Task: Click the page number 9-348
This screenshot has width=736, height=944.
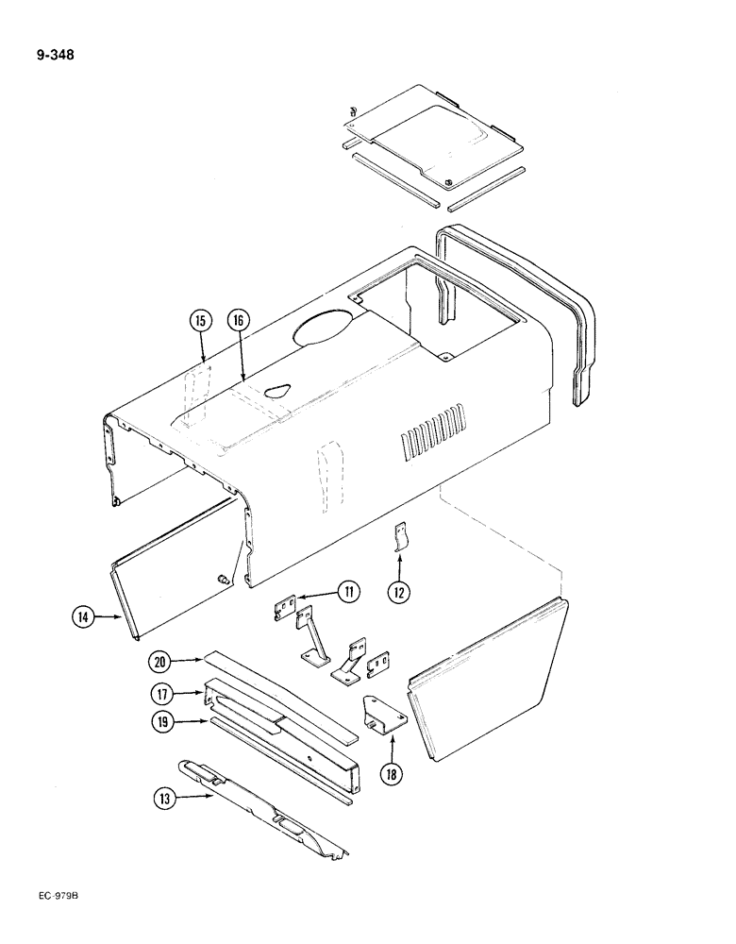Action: pyautogui.click(x=55, y=54)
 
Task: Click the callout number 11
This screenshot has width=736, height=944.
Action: pyautogui.click(x=348, y=593)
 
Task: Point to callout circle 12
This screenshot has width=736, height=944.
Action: pyautogui.click(x=400, y=593)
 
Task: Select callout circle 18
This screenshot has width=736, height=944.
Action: pyautogui.click(x=389, y=774)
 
